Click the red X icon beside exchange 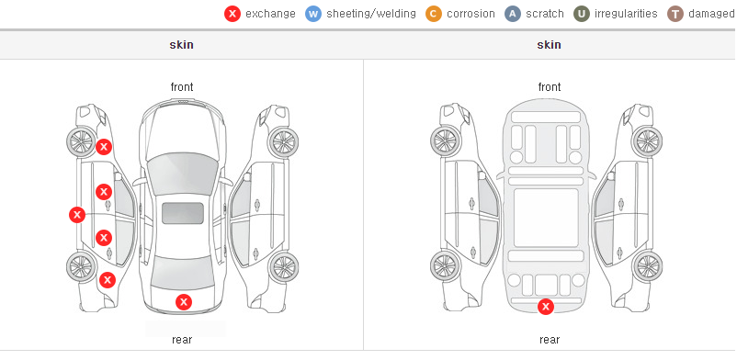pyautogui.click(x=232, y=14)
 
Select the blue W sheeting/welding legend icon pyautogui.click(x=313, y=14)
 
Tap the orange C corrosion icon pyautogui.click(x=434, y=14)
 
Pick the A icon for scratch pyautogui.click(x=513, y=14)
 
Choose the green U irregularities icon pyautogui.click(x=582, y=14)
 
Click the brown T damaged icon pyautogui.click(x=675, y=14)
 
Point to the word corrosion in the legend pyautogui.click(x=471, y=14)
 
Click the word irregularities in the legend pyautogui.click(x=626, y=14)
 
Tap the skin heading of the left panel pyautogui.click(x=181, y=45)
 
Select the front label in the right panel pyautogui.click(x=549, y=87)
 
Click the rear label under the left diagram pyautogui.click(x=182, y=340)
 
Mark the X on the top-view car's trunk pyautogui.click(x=184, y=302)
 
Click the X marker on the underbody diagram pyautogui.click(x=546, y=307)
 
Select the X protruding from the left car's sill pyautogui.click(x=77, y=215)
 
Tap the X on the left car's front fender pyautogui.click(x=104, y=147)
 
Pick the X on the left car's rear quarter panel pyautogui.click(x=108, y=281)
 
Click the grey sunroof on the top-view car pyautogui.click(x=183, y=213)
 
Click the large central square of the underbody pyautogui.click(x=546, y=218)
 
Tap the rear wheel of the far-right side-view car pyautogui.click(x=648, y=267)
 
